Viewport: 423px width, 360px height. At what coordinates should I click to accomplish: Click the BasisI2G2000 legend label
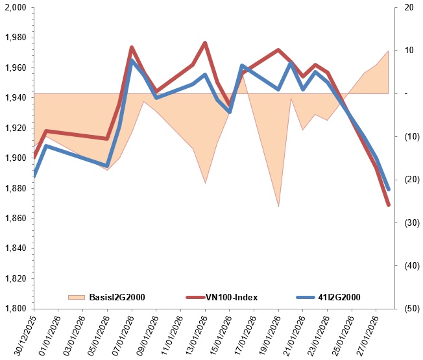[117, 297]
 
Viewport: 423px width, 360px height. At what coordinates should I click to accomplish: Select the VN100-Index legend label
[232, 297]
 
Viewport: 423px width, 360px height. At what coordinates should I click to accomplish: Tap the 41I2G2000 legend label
[339, 297]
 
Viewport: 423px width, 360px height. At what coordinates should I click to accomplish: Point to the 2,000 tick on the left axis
[16, 7]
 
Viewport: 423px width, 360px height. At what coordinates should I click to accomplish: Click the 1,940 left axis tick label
[16, 97]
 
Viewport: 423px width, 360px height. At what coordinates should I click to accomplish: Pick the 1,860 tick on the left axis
[16, 218]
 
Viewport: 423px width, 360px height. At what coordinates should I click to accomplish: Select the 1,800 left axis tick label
[16, 308]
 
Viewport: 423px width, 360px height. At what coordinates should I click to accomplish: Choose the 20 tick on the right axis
[409, 7]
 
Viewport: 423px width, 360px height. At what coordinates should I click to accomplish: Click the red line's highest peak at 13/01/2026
[205, 43]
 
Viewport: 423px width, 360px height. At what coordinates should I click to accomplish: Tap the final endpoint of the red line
[389, 205]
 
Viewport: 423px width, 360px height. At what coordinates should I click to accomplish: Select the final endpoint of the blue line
[389, 189]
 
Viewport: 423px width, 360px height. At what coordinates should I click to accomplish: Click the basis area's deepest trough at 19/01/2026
[278, 206]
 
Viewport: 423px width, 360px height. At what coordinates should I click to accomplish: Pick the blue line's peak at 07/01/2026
[132, 60]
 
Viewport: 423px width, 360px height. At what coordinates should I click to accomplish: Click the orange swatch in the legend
[77, 297]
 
